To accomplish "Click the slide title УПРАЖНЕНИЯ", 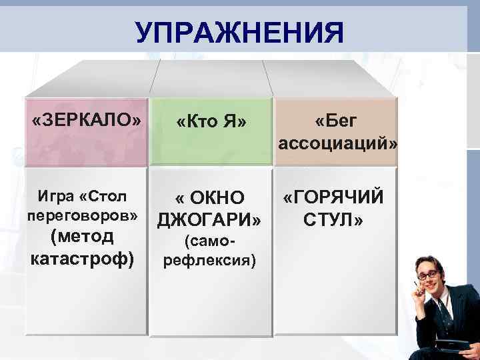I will coord(239,31).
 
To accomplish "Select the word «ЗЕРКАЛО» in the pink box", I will coord(87,121).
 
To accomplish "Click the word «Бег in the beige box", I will coord(337,121).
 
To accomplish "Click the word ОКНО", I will coord(221,199).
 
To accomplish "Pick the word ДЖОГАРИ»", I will coord(208,220).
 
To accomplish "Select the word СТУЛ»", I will coord(333,219).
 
